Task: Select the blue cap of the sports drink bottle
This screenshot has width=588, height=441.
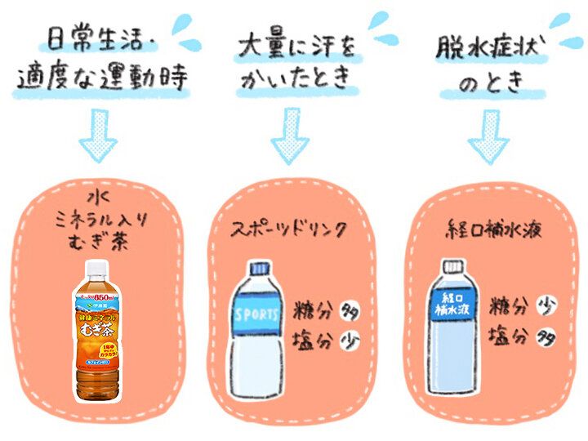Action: click(259, 269)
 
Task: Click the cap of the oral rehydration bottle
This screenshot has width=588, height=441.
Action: click(451, 266)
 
